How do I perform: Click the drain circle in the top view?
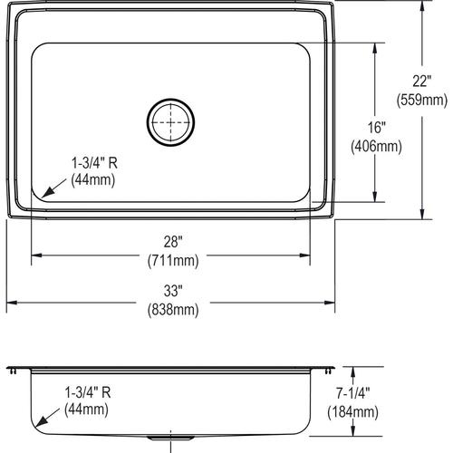[x=170, y=99]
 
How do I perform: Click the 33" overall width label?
[x=173, y=291]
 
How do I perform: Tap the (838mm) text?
[x=173, y=310]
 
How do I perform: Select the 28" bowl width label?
[x=173, y=242]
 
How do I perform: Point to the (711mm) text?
[x=173, y=261]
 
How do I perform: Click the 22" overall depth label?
[x=422, y=81]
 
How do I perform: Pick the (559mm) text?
[x=422, y=100]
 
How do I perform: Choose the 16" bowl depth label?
[x=376, y=128]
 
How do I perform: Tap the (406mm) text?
[x=376, y=147]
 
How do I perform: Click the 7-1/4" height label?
[x=353, y=393]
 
